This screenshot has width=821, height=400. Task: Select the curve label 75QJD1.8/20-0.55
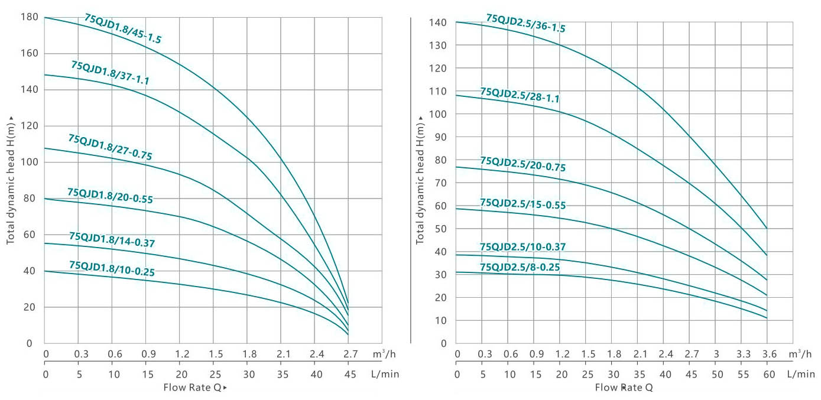tap(110, 196)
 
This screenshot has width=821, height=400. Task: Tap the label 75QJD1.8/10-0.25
tap(112, 269)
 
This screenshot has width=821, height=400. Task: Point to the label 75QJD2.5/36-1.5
tap(525, 24)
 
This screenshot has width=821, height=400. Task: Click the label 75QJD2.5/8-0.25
tap(520, 268)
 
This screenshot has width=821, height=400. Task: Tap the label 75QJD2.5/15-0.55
tap(523, 204)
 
